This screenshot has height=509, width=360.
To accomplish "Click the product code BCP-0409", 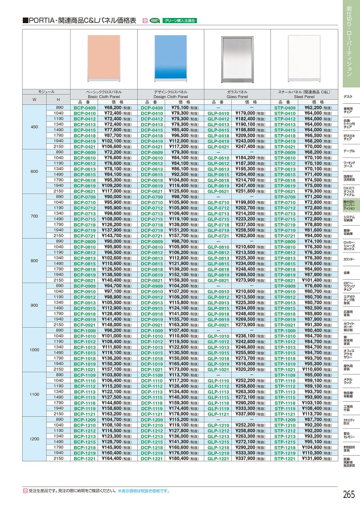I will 85,108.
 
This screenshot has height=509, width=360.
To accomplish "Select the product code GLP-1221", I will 218,459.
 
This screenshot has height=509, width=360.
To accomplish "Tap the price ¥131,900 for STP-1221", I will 313,459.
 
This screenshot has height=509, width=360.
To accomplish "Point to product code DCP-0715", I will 152,219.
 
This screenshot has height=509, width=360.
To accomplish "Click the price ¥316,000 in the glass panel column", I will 245,364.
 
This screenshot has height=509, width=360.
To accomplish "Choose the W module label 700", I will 34,216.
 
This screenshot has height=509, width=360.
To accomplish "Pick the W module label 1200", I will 34,439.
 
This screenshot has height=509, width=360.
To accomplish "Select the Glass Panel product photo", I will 237,59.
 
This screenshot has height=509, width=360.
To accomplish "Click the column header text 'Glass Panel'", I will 237,97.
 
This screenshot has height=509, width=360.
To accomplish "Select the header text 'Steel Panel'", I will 304,97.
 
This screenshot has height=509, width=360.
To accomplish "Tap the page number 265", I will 349,494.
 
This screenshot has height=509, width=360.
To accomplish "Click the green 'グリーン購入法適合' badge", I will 180,21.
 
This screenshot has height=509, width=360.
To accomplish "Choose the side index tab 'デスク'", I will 348,97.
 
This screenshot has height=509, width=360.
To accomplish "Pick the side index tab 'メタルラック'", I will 348,381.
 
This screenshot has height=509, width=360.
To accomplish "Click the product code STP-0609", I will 285,152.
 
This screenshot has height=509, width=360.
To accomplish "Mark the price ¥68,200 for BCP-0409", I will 113,108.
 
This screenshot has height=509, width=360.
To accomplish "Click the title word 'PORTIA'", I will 42,21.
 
